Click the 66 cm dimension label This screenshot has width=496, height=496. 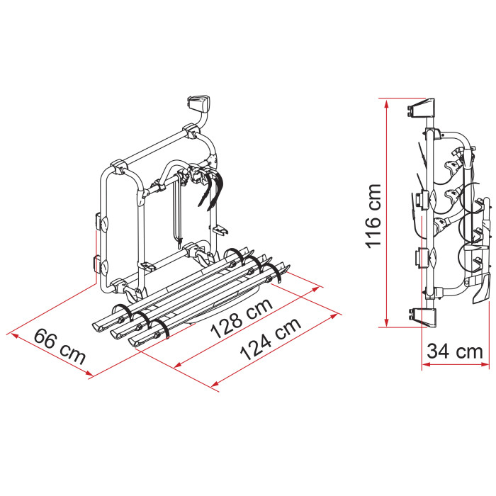pyautogui.click(x=60, y=346)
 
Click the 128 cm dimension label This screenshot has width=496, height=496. pyautogui.click(x=242, y=318)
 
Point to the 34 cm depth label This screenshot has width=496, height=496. pyautogui.click(x=455, y=351)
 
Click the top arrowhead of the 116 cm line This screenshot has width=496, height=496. pyautogui.click(x=386, y=103)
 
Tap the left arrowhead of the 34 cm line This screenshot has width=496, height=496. pyautogui.click(x=426, y=364)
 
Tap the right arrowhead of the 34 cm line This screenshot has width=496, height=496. pyautogui.click(x=485, y=364)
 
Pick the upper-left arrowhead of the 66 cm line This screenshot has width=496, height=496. pyautogui.click(x=15, y=336)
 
